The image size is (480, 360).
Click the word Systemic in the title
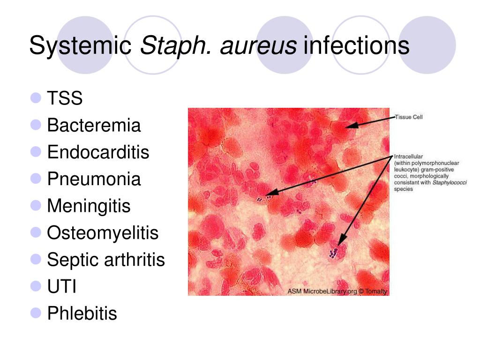pos(80,46)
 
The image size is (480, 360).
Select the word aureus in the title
pos(258,46)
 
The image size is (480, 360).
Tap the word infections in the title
pos(356,45)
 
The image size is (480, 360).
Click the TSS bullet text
pos(65,98)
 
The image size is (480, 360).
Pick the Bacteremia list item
pos(94,125)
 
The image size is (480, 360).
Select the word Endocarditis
pos(98,152)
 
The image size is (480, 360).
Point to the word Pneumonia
pos(94,179)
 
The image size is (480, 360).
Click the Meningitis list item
pos(89,206)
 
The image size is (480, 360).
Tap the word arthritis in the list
pos(135,260)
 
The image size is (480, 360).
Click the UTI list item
pos(61,286)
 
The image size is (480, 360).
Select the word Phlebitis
pos(82,314)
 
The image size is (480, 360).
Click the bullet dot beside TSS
pos(36,98)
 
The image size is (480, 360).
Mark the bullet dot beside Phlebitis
pos(36,313)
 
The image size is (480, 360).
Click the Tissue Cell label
pos(409,117)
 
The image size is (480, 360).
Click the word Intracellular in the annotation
pos(408,157)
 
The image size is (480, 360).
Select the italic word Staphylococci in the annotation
pos(450,182)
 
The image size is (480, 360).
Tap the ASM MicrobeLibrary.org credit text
pos(337,291)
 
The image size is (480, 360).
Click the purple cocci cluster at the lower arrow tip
pos(333,253)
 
